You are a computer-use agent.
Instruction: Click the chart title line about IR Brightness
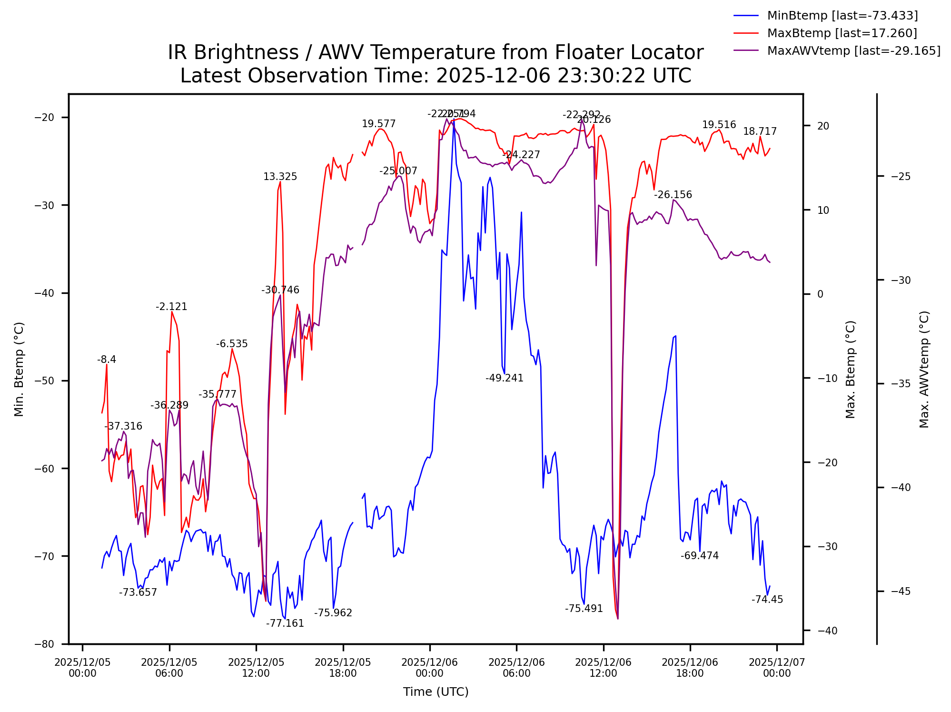(435, 52)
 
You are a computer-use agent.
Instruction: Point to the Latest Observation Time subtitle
(435, 76)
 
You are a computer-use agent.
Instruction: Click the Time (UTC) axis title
(436, 692)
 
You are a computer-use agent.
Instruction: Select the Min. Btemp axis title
(19, 369)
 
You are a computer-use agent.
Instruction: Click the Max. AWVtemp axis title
(924, 369)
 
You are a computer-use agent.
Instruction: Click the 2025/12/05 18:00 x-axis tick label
(343, 667)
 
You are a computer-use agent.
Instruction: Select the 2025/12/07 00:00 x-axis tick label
(777, 667)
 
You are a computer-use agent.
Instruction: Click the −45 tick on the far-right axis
(901, 591)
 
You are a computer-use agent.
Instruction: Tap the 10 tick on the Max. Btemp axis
(823, 210)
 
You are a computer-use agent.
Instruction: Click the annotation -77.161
(285, 623)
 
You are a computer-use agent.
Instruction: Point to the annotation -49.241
(504, 378)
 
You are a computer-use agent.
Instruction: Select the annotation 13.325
(280, 177)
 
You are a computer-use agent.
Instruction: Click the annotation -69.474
(699, 556)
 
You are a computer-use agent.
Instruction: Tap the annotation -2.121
(171, 307)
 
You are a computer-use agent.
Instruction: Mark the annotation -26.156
(673, 195)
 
